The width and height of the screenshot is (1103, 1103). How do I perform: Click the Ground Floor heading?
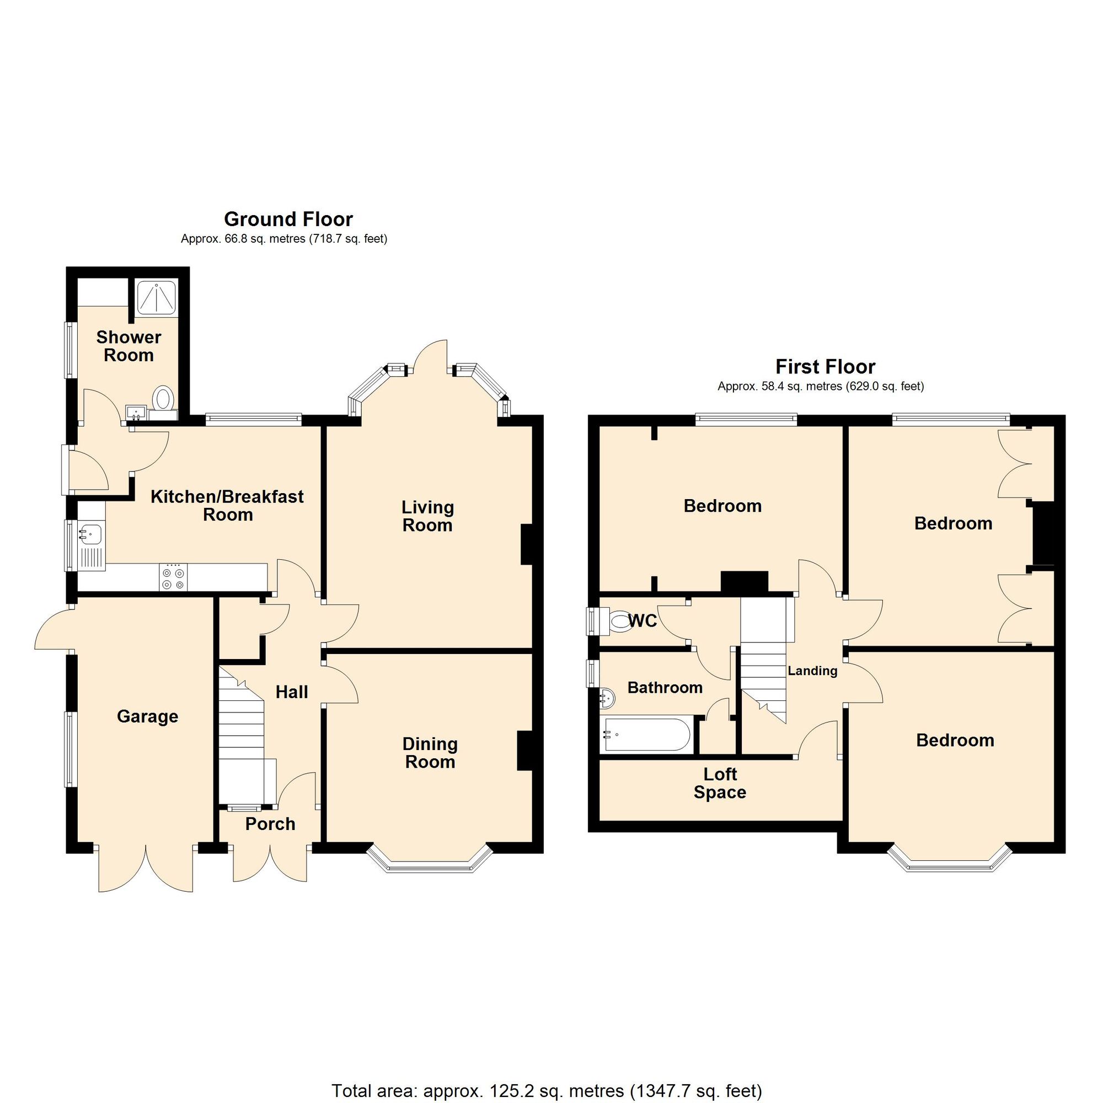[288, 219]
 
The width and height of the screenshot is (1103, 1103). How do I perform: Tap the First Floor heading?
[825, 367]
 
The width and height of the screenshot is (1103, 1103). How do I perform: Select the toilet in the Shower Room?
[163, 398]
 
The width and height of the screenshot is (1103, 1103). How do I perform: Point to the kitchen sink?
[90, 533]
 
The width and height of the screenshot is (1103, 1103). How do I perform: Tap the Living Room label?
[427, 516]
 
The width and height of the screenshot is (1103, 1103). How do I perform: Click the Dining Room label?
[430, 752]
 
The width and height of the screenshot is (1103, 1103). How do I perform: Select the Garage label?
[147, 716]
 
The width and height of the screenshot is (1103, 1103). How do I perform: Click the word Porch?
[270, 824]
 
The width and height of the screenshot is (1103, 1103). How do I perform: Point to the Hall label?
[292, 692]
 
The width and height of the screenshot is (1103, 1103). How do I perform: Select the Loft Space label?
[720, 783]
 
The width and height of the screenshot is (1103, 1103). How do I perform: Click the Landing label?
[812, 671]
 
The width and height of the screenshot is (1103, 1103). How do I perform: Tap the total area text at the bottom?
[547, 1075]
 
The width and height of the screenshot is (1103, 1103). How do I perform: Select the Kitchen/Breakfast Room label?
[227, 505]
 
